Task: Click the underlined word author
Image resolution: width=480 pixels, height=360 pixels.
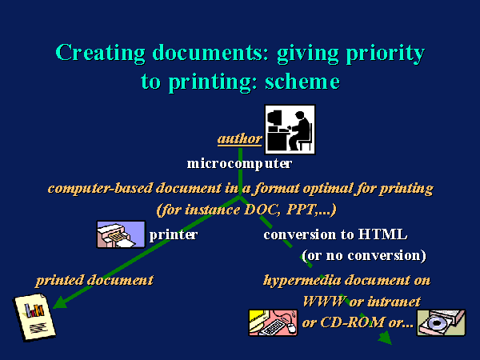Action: click(240, 139)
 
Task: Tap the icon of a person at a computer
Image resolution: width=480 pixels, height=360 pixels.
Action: click(290, 130)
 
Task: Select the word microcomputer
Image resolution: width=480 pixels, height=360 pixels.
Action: click(239, 164)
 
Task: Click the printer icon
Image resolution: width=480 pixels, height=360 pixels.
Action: click(122, 234)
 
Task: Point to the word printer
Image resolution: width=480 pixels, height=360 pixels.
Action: click(174, 235)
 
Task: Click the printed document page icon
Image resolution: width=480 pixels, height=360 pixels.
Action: click(34, 317)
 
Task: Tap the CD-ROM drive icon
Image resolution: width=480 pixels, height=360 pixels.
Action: click(441, 322)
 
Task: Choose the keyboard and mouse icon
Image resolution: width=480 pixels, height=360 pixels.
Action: click(273, 322)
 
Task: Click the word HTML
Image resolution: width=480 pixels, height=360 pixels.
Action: click(382, 234)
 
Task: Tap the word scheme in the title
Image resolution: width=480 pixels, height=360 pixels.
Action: click(302, 82)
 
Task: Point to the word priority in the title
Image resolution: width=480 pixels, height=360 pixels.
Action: click(386, 54)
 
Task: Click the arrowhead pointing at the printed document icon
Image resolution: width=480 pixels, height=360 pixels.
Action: click(60, 302)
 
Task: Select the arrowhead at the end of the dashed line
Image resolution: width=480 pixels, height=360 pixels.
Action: click(385, 338)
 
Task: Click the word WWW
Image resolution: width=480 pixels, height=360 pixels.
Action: click(325, 302)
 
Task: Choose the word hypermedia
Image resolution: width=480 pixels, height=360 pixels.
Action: click(302, 281)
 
